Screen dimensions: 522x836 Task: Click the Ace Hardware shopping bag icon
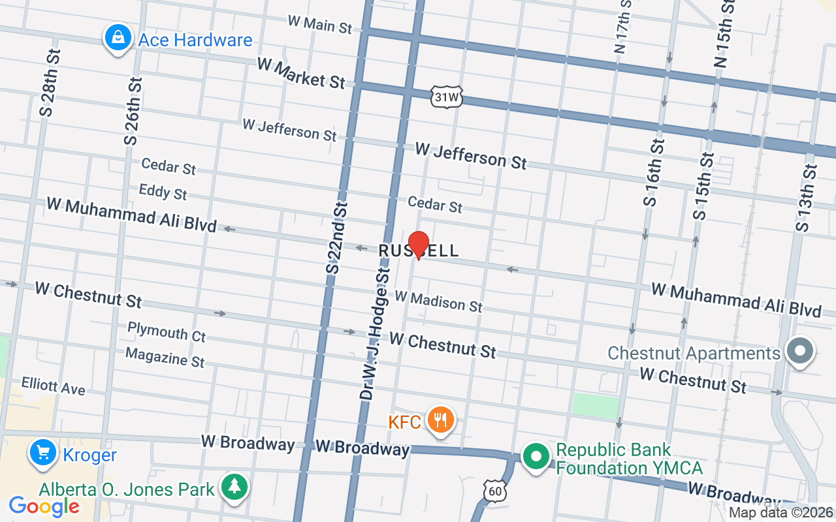coord(117,38)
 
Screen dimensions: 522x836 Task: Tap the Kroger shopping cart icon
coord(43,452)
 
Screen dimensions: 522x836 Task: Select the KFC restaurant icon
coord(441,420)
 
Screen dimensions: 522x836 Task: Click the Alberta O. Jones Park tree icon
coord(233,487)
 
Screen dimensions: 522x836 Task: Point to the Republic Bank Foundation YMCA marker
coord(536,457)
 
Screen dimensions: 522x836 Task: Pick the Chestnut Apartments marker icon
coord(799,352)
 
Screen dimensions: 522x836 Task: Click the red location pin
coord(418,245)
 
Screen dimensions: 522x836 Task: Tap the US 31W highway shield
coord(447,97)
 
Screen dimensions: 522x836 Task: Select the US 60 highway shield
coord(494,489)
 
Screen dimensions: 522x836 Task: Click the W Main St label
coord(320,24)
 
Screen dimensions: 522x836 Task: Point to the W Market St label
coord(301,72)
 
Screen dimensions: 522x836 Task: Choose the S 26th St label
coord(133,111)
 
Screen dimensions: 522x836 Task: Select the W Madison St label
coord(438,301)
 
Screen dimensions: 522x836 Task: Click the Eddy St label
coord(163,192)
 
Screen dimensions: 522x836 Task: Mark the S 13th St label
coord(807,198)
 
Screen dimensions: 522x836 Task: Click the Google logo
coord(44,506)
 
